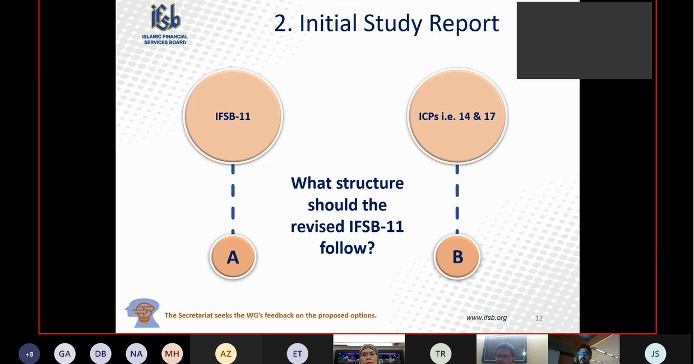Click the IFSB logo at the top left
[x=165, y=24]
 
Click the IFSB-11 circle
[x=233, y=116]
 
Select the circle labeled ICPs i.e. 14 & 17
[x=457, y=116]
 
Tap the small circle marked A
[x=233, y=257]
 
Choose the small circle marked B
[x=457, y=257]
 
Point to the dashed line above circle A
[x=233, y=199]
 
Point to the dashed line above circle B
[x=457, y=199]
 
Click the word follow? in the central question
[x=348, y=248]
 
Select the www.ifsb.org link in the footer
[x=487, y=318]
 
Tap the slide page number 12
[x=539, y=318]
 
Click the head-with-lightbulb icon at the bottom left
[x=143, y=313]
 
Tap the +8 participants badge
[x=30, y=354]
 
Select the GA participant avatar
[x=65, y=354]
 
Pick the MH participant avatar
[x=172, y=354]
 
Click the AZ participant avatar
[x=226, y=354]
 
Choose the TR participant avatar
[x=441, y=354]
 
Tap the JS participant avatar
[x=655, y=354]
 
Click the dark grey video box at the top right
[x=584, y=40]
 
